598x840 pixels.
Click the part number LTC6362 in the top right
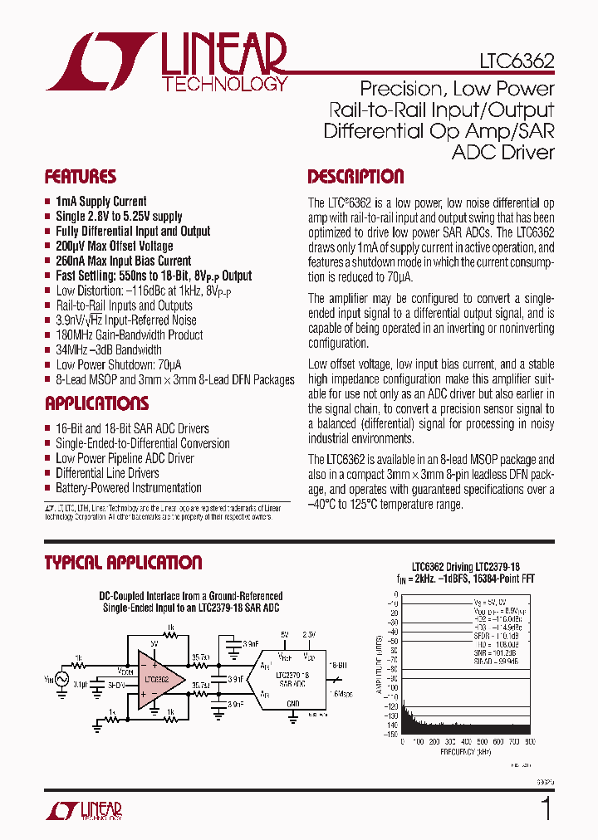click(x=516, y=61)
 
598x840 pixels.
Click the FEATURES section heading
click(x=80, y=177)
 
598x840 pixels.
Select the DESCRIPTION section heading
click(x=355, y=177)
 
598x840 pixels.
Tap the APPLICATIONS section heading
click(x=96, y=404)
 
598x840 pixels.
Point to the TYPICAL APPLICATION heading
click(x=123, y=563)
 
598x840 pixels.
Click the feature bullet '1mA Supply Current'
click(x=100, y=202)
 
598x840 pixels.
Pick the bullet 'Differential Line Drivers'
click(x=107, y=473)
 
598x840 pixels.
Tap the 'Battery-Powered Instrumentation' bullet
click(x=128, y=488)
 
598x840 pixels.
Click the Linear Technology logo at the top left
click(x=166, y=61)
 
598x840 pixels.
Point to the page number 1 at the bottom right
click(x=546, y=808)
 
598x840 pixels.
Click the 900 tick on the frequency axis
click(x=529, y=741)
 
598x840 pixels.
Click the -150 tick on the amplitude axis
click(x=389, y=734)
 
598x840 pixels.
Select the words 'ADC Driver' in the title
click(x=502, y=152)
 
